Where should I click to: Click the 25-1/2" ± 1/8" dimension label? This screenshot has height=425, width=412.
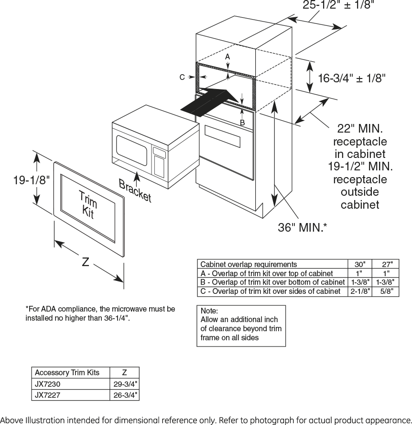coord(338,5)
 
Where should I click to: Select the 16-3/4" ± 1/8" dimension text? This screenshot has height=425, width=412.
coord(351,78)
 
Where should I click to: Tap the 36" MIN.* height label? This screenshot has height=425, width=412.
coord(303,227)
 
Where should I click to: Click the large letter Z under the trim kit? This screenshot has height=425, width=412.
coord(86,262)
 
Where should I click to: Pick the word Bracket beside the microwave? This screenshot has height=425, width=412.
coord(135,190)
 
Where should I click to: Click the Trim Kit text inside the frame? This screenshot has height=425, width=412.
coord(87,205)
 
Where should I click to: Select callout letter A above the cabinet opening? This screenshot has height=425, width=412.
coord(228,56)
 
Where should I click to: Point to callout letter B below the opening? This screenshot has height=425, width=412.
coord(242,123)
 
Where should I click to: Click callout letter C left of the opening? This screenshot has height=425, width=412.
coord(182,77)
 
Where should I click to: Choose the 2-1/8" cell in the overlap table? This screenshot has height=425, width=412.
coord(359,291)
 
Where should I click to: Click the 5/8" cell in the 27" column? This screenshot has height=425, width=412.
coord(387,291)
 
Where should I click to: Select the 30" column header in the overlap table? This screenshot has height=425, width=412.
coord(359,264)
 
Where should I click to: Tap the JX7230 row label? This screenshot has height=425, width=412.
coord(48,384)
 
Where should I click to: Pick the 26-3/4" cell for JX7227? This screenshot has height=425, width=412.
coord(125,395)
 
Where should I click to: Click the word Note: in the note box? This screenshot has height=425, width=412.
coord(209,311)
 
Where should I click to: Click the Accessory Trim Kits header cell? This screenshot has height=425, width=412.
coord(67,372)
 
